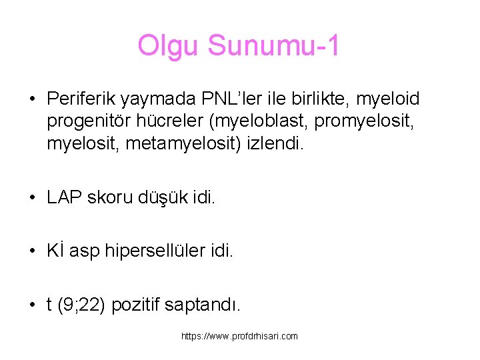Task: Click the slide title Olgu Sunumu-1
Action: pos(239,46)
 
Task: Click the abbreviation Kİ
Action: pos(55,251)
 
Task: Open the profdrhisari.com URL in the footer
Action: pos(239,337)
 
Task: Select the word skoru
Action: pos(112,198)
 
